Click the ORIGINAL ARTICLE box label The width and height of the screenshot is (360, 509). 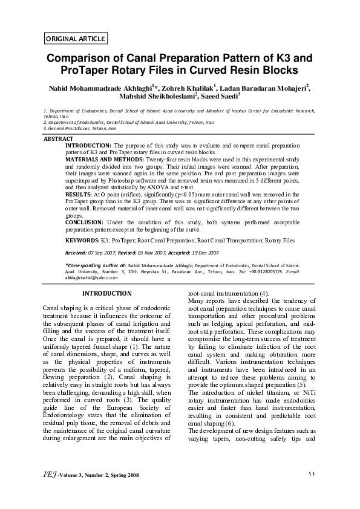coord(76,39)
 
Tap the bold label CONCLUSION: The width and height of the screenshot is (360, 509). coord(88,222)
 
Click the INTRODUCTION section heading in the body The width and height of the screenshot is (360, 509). coord(107,294)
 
